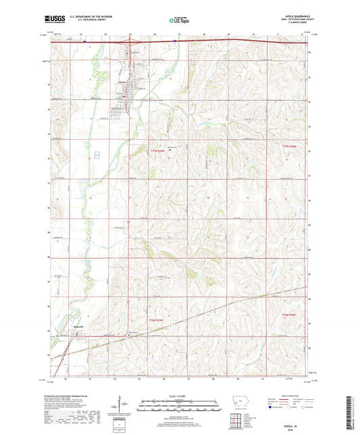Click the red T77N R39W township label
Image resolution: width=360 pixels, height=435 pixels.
click(157, 150)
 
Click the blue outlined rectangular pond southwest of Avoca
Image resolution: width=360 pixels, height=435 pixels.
click(97, 155)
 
